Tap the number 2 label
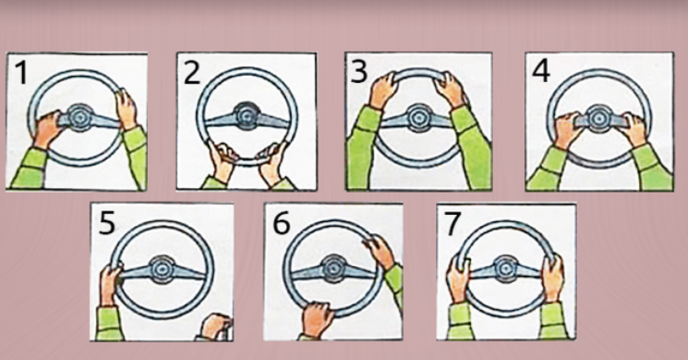[192, 73]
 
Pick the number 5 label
[107, 224]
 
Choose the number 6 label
[282, 222]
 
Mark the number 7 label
[453, 224]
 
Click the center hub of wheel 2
[247, 116]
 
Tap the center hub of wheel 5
[162, 269]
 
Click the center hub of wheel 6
[334, 269]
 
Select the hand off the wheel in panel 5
[217, 327]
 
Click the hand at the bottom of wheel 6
[317, 319]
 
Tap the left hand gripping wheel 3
[382, 89]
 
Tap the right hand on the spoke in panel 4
[635, 130]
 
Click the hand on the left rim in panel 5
[110, 285]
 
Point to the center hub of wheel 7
[505, 269]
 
